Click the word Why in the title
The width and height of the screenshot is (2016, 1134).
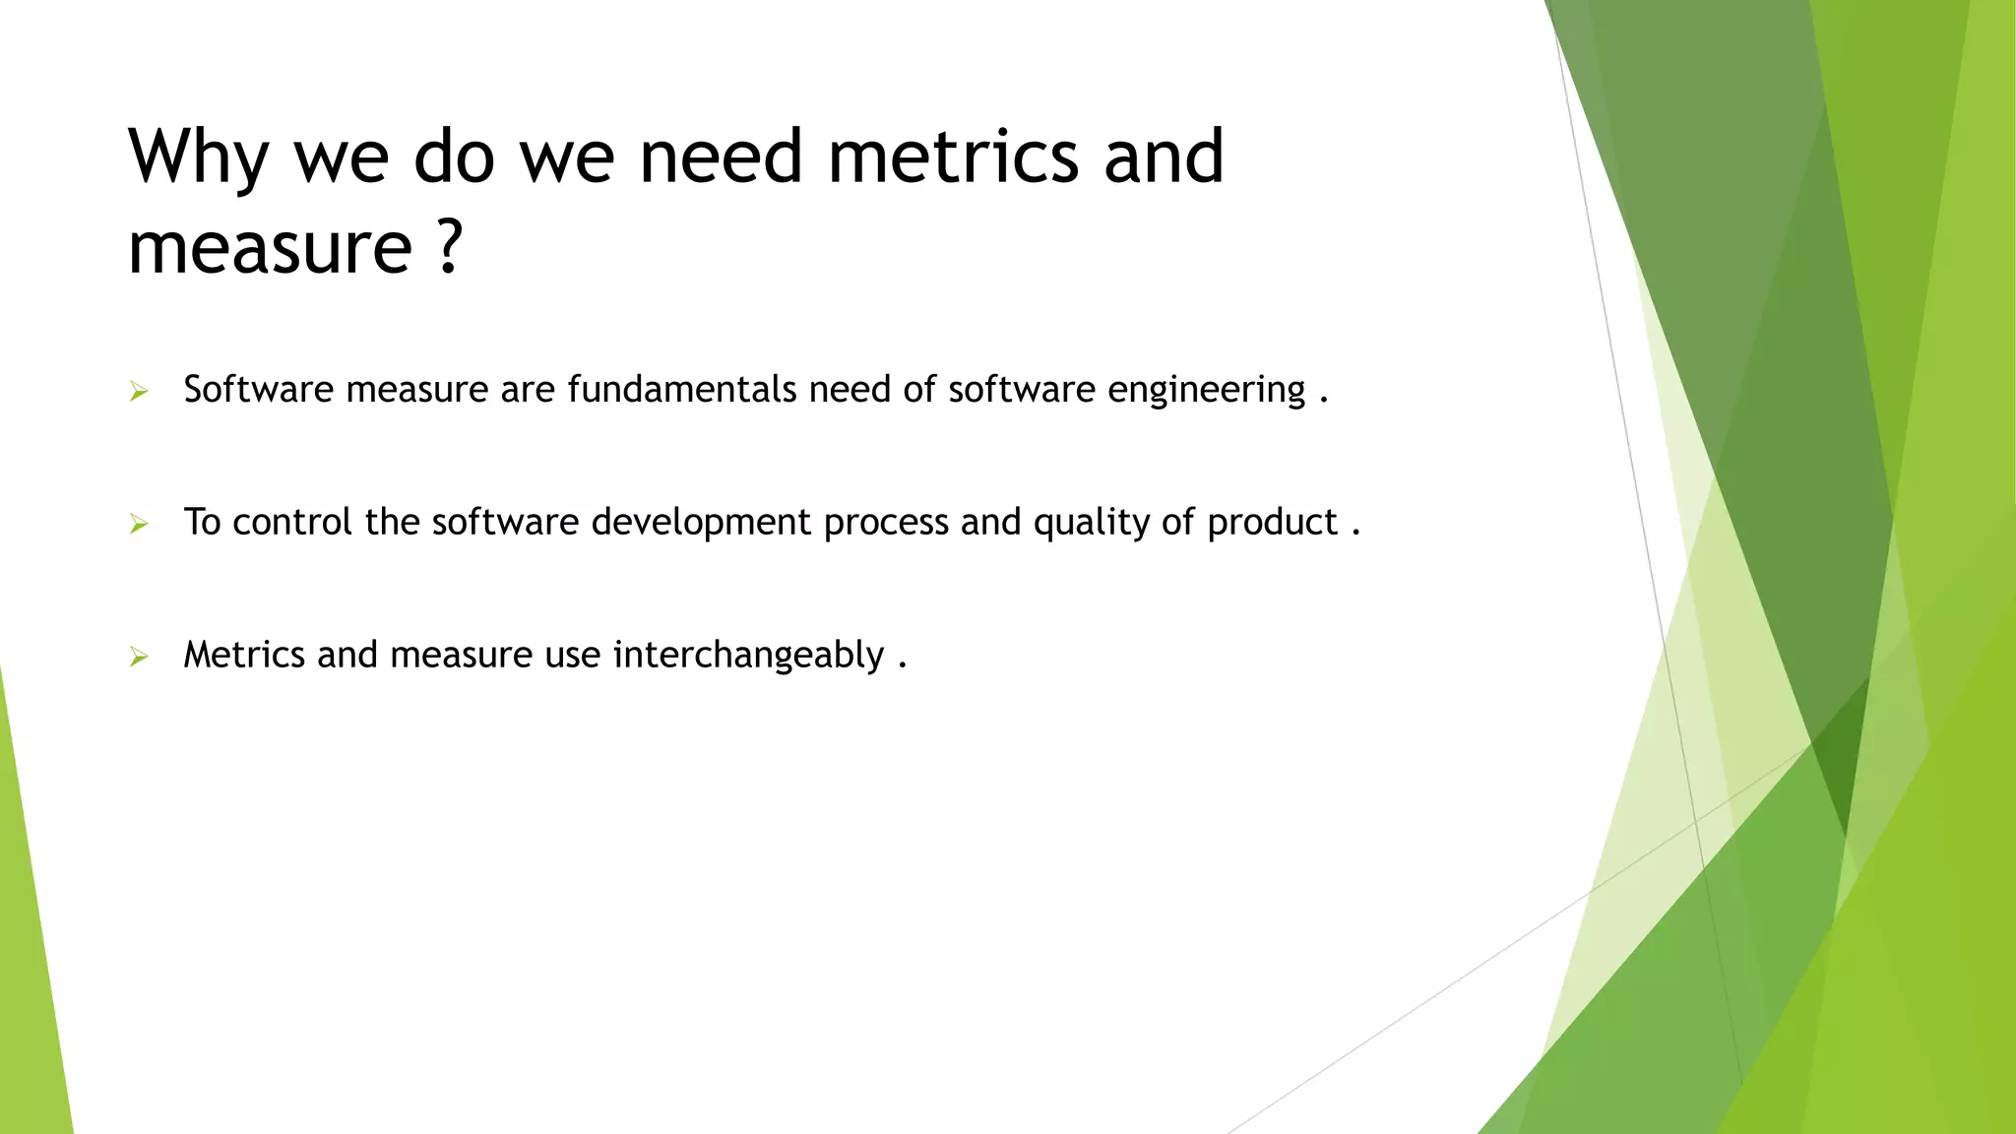pyautogui.click(x=198, y=157)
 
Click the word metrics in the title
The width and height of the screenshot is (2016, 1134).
pyautogui.click(x=953, y=157)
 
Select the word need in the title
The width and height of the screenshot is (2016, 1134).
pyautogui.click(x=721, y=157)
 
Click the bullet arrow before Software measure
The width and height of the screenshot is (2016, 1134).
pyautogui.click(x=139, y=392)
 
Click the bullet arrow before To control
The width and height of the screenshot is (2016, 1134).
pyautogui.click(x=139, y=524)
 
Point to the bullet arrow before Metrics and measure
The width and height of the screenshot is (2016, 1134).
pyautogui.click(x=139, y=657)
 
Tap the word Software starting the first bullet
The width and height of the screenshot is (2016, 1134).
pyautogui.click(x=258, y=389)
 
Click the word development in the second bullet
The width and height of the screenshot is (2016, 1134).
pyautogui.click(x=701, y=523)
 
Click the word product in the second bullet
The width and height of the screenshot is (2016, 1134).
pyautogui.click(x=1272, y=523)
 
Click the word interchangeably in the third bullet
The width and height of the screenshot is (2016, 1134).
pyautogui.click(x=748, y=656)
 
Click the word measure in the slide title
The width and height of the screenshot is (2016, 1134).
pyautogui.click(x=270, y=248)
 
